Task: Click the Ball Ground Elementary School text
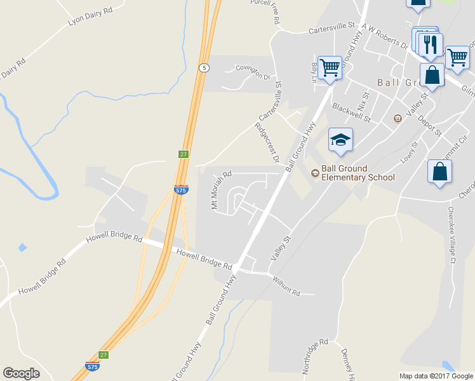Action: tap(358, 173)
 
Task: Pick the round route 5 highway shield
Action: tap(203, 67)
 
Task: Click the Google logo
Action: tap(21, 373)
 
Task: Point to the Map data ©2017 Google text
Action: tap(436, 376)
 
